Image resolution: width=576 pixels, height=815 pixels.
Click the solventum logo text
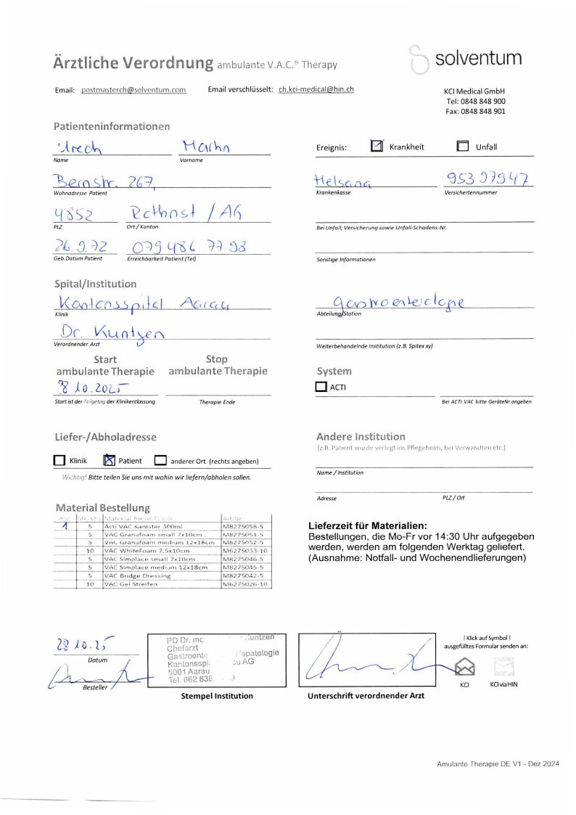[478, 58]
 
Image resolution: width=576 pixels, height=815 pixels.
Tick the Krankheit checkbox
[377, 146]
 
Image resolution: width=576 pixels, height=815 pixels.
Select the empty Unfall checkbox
[463, 146]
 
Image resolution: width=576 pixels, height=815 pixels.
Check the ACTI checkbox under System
[321, 387]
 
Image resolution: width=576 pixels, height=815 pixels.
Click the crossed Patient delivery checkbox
[109, 460]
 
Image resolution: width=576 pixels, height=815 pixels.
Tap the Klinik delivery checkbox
[59, 460]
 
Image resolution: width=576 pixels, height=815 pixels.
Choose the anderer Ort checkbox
[160, 460]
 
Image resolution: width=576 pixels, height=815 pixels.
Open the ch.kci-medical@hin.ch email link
[316, 90]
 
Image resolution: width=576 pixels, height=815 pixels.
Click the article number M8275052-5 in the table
[246, 542]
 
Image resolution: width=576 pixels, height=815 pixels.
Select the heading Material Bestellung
[102, 507]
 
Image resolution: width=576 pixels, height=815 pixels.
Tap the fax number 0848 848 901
[476, 112]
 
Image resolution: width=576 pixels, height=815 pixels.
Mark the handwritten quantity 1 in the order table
[65, 525]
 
